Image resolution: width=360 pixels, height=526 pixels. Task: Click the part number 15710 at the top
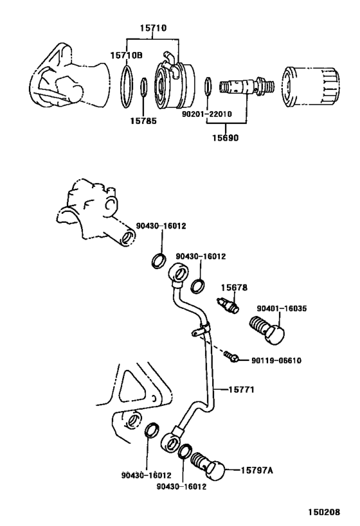[x=154, y=29]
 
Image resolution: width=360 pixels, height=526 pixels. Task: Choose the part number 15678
[x=234, y=288]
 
